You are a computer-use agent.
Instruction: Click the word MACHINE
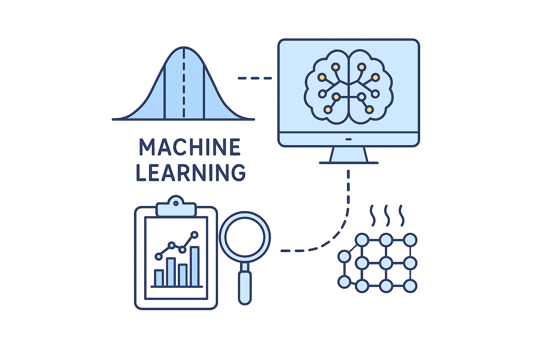tap(190, 147)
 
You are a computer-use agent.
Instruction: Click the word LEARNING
tap(191, 172)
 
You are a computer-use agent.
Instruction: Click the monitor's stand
tap(348, 155)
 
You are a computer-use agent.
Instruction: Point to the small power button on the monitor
tap(348, 139)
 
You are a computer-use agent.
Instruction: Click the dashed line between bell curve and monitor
tap(255, 78)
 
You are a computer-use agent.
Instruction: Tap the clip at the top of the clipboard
tap(176, 207)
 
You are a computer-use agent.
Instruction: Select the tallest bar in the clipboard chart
tap(194, 266)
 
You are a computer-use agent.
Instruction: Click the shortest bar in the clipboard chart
tap(159, 278)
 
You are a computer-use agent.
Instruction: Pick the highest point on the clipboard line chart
tap(194, 234)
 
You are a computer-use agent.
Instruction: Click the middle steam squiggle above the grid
tap(387, 216)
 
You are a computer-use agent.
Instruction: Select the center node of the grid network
tap(386, 263)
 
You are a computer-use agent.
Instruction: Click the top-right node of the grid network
tap(410, 240)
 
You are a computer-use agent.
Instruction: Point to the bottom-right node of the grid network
tap(410, 285)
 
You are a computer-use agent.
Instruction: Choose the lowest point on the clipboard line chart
tap(159, 257)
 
